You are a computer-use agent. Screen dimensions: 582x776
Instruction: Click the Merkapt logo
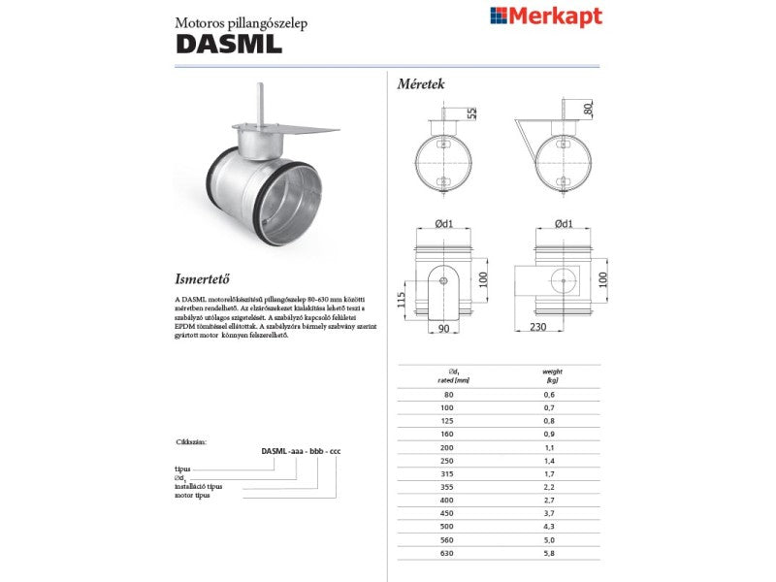click(545, 16)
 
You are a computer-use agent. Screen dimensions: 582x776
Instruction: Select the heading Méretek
click(421, 84)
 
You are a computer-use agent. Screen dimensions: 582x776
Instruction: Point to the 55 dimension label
click(472, 113)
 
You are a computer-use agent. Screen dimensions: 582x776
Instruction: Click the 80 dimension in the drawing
click(588, 110)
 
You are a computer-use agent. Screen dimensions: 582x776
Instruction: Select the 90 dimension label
click(443, 329)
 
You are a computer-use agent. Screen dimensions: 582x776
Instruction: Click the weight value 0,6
click(549, 395)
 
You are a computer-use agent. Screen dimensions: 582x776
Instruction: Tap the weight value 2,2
click(549, 488)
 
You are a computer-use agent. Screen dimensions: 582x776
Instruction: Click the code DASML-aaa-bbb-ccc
click(302, 451)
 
